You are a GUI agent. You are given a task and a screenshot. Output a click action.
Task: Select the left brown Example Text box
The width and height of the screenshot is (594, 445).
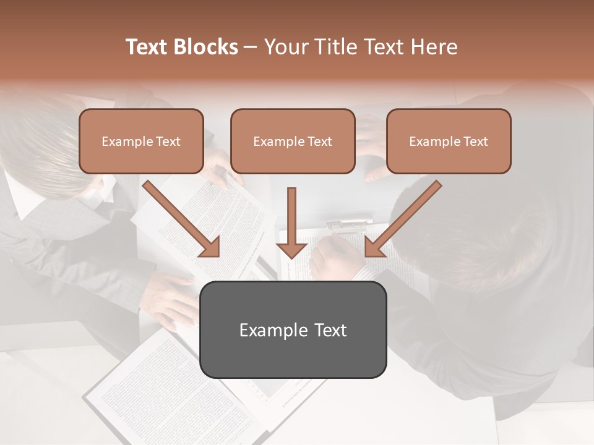[141, 141]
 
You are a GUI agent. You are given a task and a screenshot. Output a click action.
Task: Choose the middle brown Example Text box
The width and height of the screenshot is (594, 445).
[293, 141]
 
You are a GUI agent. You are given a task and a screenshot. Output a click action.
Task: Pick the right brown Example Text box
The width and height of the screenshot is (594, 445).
[449, 141]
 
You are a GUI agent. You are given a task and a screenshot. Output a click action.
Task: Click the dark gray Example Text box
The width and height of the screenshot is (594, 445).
[293, 329]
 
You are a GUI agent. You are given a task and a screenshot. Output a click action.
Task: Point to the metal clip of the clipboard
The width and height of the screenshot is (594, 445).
[350, 223]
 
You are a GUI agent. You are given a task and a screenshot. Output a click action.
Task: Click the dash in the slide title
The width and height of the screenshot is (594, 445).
[251, 47]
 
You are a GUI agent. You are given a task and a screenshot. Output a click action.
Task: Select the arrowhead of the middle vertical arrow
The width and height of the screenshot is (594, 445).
[291, 250]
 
